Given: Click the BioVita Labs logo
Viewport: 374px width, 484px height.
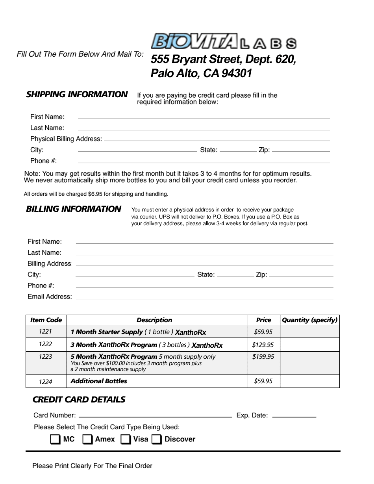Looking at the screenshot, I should pos(224,41).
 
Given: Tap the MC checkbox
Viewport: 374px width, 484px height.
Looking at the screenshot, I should pos(56,439).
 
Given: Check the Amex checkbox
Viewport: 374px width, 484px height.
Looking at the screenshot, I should pos(87,439).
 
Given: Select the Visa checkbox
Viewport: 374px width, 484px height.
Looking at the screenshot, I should pos(126,439).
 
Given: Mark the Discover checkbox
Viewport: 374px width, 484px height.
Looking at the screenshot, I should pos(157,439).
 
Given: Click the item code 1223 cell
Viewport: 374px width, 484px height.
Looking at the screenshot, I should pos(45,356).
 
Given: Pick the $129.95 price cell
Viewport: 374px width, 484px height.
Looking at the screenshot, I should pos(263,345).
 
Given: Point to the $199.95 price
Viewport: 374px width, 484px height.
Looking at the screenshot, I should pos(263,356).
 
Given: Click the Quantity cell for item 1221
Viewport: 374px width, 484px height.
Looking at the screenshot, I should pos(309,332).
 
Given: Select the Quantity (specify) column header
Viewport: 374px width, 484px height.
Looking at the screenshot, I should pos(309,320).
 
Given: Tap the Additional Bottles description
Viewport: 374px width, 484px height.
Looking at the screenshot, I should pos(99,381).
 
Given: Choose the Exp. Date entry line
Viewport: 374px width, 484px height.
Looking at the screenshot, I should pos(294,416).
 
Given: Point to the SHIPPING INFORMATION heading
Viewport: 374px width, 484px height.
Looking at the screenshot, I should pos(77,95).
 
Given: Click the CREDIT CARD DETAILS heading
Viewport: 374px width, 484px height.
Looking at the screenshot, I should pos(79,400).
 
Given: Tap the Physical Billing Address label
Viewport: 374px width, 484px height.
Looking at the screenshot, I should pos(66,139).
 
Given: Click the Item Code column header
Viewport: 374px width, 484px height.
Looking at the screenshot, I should pos(46,320).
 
